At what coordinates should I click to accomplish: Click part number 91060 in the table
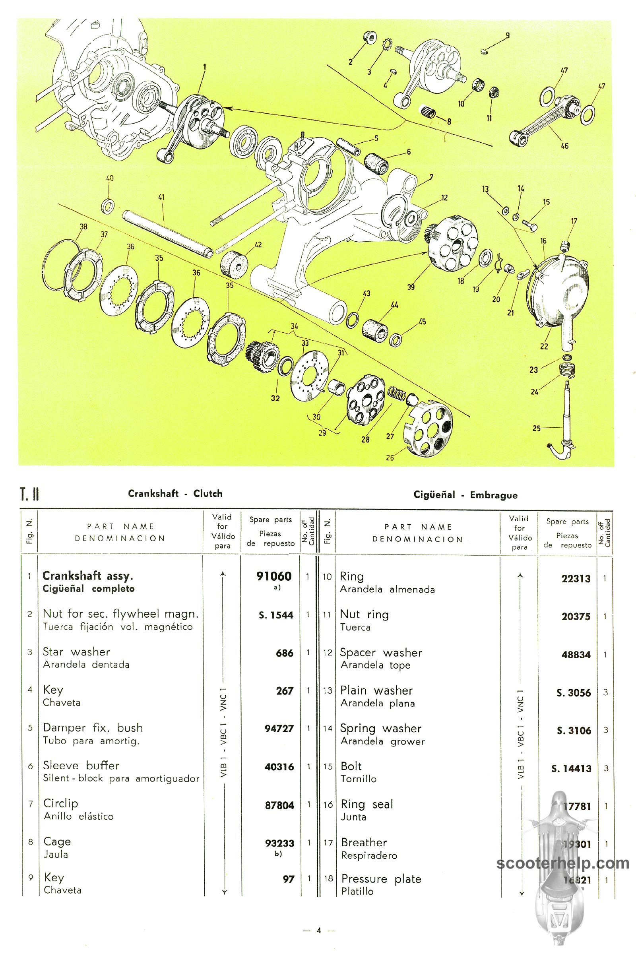[274, 576]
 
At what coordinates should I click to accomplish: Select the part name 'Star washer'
[76, 652]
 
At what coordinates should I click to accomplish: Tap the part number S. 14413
[571, 769]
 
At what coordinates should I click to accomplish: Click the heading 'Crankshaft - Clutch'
[175, 494]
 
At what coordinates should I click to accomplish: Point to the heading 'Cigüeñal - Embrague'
[465, 495]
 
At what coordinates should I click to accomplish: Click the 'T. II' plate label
[29, 495]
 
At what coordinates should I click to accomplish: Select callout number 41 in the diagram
[161, 198]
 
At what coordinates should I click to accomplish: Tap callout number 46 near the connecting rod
[564, 145]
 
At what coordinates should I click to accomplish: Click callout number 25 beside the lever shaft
[536, 429]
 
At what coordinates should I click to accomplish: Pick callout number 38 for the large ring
[83, 227]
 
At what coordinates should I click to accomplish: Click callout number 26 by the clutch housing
[390, 458]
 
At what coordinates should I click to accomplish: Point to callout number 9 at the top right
[506, 36]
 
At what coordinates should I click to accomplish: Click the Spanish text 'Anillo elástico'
[78, 816]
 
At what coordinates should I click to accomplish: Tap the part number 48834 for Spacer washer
[576, 654]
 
